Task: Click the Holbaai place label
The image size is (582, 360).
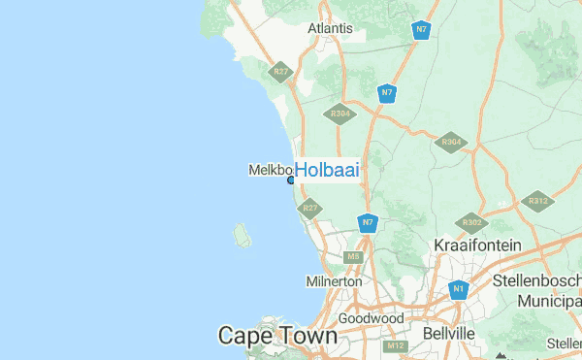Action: click(x=327, y=170)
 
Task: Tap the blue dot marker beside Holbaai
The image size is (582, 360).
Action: click(x=291, y=180)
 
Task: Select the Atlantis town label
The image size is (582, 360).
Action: click(x=330, y=28)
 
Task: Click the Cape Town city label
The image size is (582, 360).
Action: click(x=277, y=336)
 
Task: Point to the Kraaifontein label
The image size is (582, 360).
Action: click(x=477, y=245)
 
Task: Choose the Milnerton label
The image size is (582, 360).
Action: click(x=334, y=281)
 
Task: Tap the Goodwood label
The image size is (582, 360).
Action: click(x=371, y=318)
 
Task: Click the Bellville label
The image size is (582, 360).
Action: click(x=449, y=333)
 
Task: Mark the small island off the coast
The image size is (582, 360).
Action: click(x=241, y=234)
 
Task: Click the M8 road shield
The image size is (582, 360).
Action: click(x=354, y=257)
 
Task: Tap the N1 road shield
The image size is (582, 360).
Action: click(x=459, y=289)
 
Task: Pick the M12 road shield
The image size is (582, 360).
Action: click(x=395, y=345)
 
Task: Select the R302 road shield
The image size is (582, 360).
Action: click(x=472, y=222)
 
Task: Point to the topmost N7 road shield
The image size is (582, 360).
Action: click(x=420, y=30)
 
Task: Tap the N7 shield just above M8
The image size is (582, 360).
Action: click(x=367, y=223)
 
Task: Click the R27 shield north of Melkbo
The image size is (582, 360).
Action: click(x=282, y=72)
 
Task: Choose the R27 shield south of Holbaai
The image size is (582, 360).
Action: click(x=310, y=208)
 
